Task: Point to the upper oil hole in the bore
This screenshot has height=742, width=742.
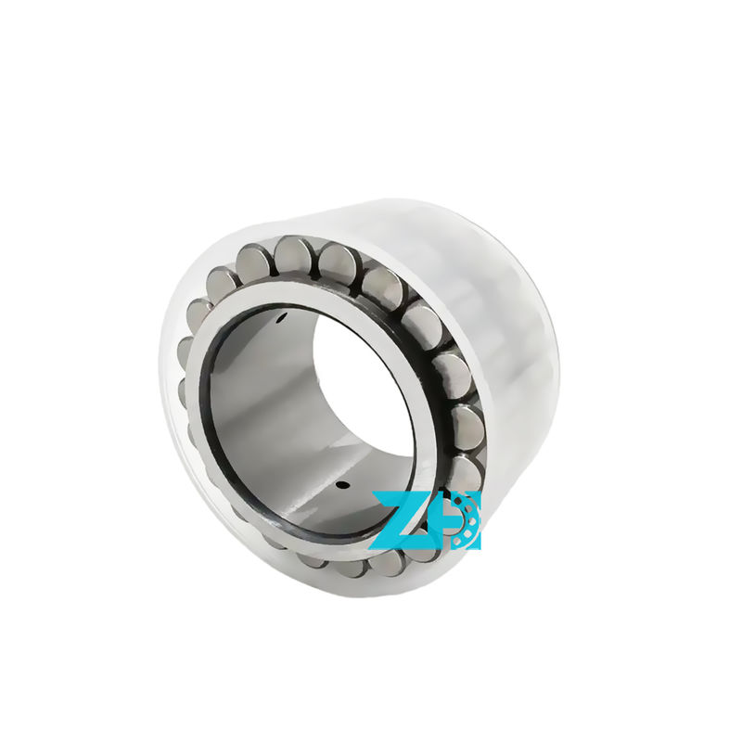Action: tap(279, 322)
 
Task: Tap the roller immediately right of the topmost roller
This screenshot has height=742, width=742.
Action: tap(337, 263)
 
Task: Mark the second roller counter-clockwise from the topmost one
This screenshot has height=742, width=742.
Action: tap(223, 283)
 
